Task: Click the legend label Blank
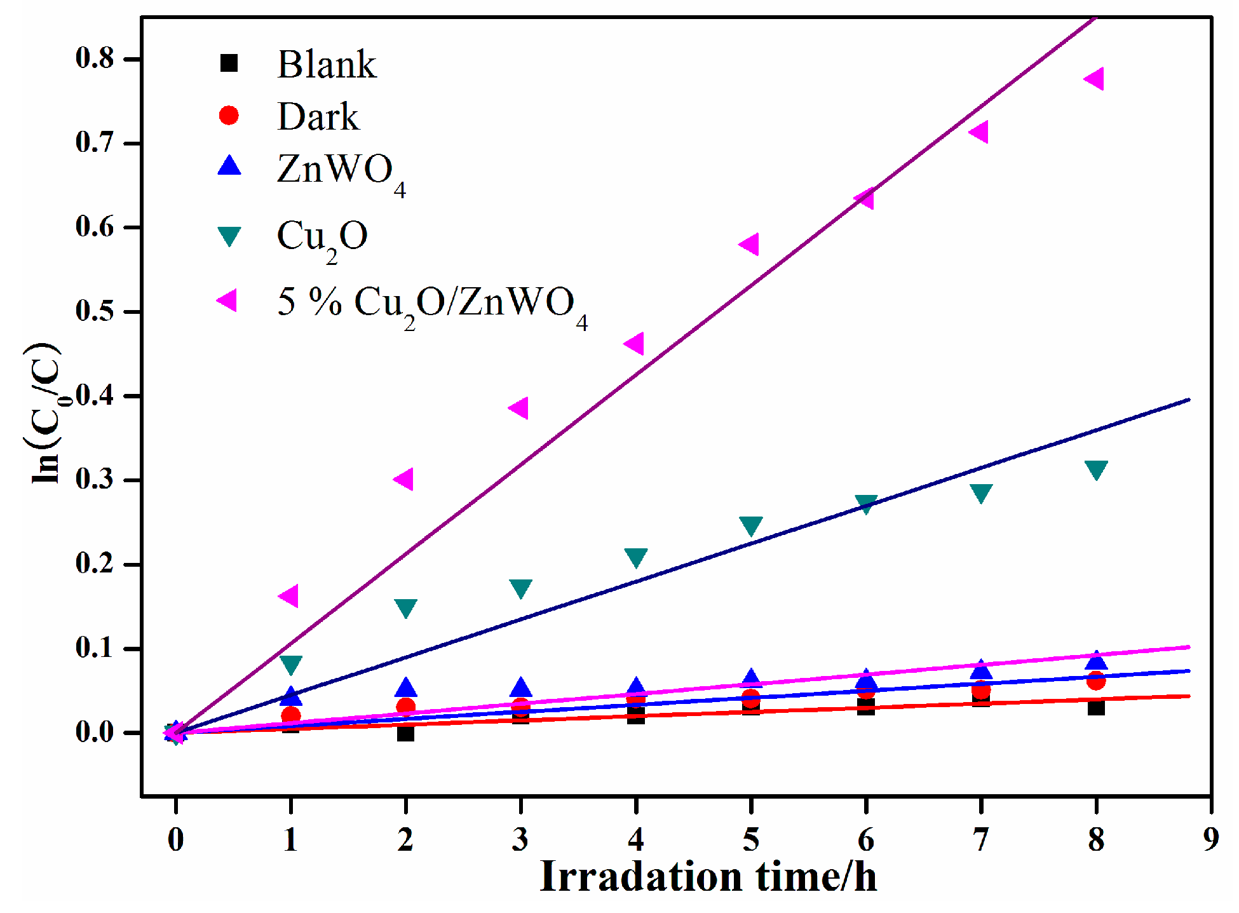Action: tap(327, 64)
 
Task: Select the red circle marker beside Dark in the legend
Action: tap(229, 115)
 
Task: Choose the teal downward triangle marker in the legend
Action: tap(229, 236)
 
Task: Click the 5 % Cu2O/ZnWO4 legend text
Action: tap(432, 304)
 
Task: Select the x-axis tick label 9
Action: tap(1211, 840)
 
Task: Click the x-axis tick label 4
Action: tap(636, 840)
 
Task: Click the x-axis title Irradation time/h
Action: tap(708, 877)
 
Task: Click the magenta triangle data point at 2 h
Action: tap(405, 479)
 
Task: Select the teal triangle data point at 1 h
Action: tap(291, 664)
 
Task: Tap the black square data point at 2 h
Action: tap(405, 733)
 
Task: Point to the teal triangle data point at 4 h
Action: tap(636, 557)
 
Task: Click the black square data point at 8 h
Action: tap(1096, 707)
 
